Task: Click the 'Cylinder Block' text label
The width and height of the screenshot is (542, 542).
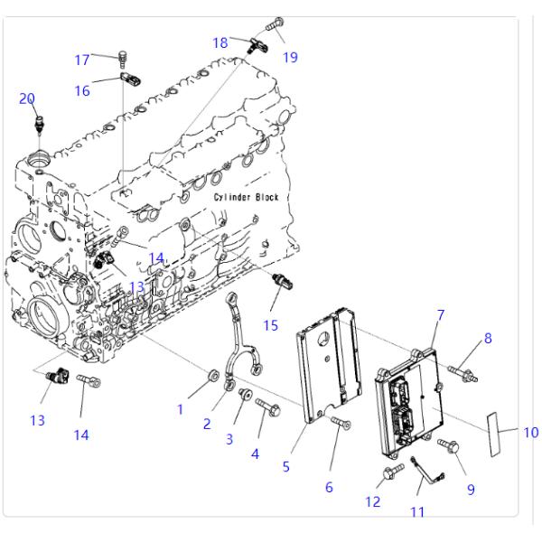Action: click(247, 197)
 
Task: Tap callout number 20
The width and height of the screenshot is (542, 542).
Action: click(27, 98)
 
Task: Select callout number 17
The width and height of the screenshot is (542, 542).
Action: click(82, 60)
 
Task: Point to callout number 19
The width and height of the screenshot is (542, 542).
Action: click(290, 58)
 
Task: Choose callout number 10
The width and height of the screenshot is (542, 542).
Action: click(529, 432)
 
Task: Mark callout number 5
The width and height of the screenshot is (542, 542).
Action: click(285, 466)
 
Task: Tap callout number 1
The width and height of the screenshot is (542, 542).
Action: click(180, 409)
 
